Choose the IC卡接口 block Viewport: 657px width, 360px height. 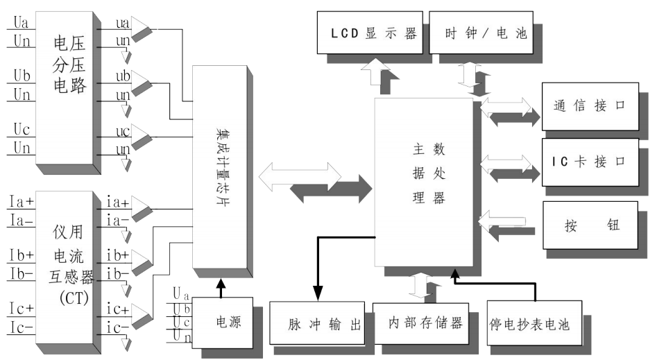point(590,162)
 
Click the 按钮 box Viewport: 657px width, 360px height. point(590,226)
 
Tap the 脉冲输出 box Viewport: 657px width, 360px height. point(316,323)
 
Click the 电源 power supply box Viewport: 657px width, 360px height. point(225,322)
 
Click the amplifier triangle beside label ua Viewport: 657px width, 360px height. point(142,29)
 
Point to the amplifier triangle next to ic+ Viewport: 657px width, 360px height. point(142,314)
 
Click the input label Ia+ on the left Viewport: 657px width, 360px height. point(22,202)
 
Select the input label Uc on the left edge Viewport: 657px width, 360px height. point(22,130)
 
